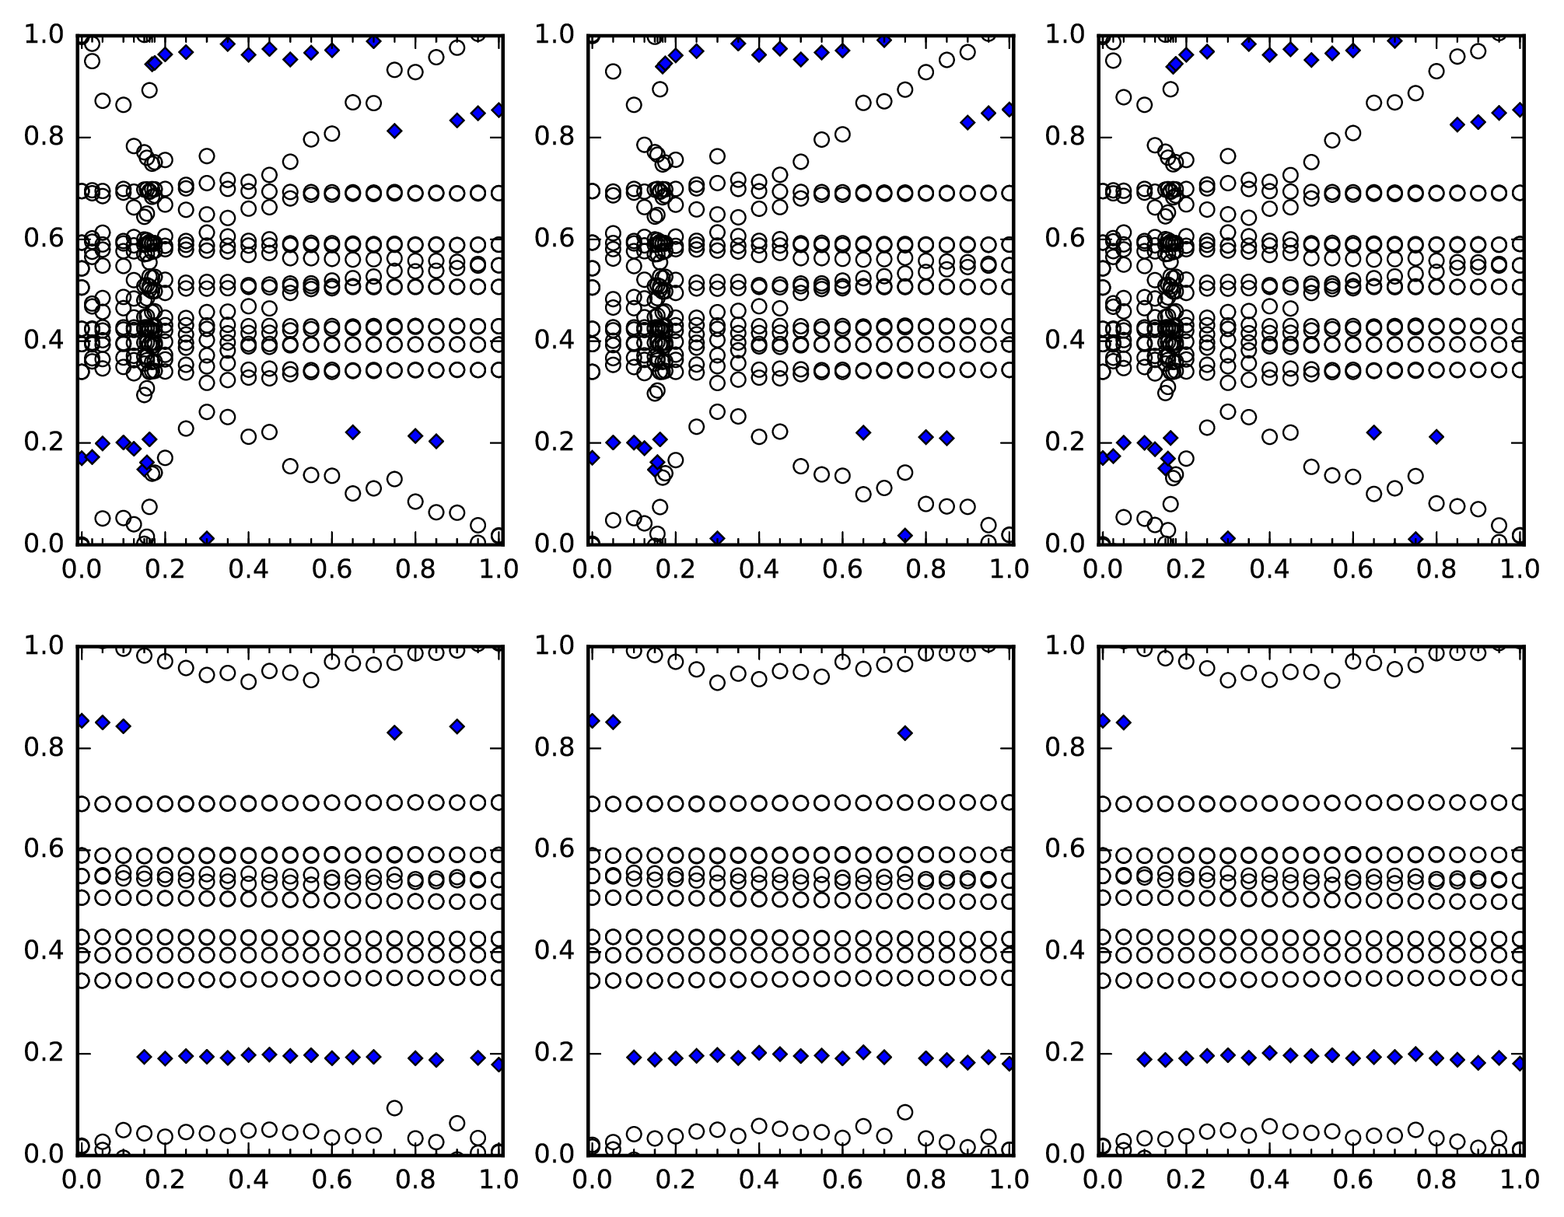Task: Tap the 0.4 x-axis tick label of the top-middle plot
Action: point(758,568)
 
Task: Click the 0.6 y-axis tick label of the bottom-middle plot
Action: point(554,848)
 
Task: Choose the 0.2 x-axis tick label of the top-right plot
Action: point(1186,568)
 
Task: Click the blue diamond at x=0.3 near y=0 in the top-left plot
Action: point(207,538)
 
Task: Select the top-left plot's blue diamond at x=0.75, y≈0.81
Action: point(394,131)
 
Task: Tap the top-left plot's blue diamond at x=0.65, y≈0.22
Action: point(352,432)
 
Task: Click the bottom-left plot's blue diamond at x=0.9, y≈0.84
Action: point(457,726)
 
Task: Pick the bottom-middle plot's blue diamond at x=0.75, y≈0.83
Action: point(904,733)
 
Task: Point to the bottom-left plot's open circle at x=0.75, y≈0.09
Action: point(394,1107)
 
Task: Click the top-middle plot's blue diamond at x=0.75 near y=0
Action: point(904,535)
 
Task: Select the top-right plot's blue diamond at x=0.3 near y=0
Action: point(1227,538)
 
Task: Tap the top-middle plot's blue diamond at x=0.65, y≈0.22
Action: point(862,432)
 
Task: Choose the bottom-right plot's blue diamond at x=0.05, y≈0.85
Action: point(1123,722)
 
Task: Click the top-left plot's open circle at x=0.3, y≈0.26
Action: point(207,411)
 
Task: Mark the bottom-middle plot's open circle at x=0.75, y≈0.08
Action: point(904,1112)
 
